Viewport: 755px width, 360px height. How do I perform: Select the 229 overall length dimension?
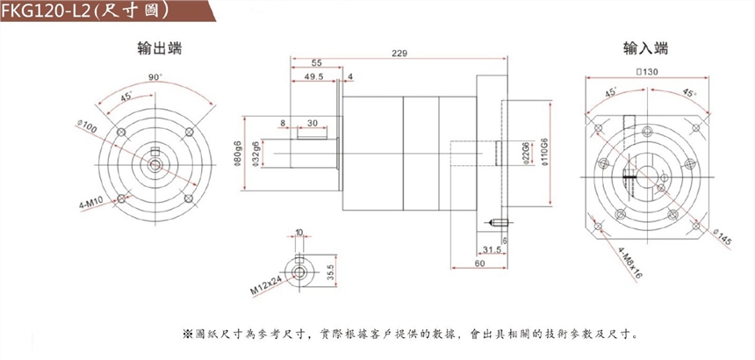(399, 54)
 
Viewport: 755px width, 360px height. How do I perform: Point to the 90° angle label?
(155, 78)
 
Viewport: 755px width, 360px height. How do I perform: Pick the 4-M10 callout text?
(93, 204)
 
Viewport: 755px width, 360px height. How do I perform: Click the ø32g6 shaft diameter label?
(255, 153)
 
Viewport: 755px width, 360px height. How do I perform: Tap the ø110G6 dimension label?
(544, 153)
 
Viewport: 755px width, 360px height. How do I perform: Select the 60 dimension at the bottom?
(479, 263)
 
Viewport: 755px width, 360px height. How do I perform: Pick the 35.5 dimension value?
(330, 272)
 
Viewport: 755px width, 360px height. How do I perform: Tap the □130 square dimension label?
(645, 72)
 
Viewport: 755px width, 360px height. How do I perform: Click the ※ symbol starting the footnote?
(186, 335)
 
